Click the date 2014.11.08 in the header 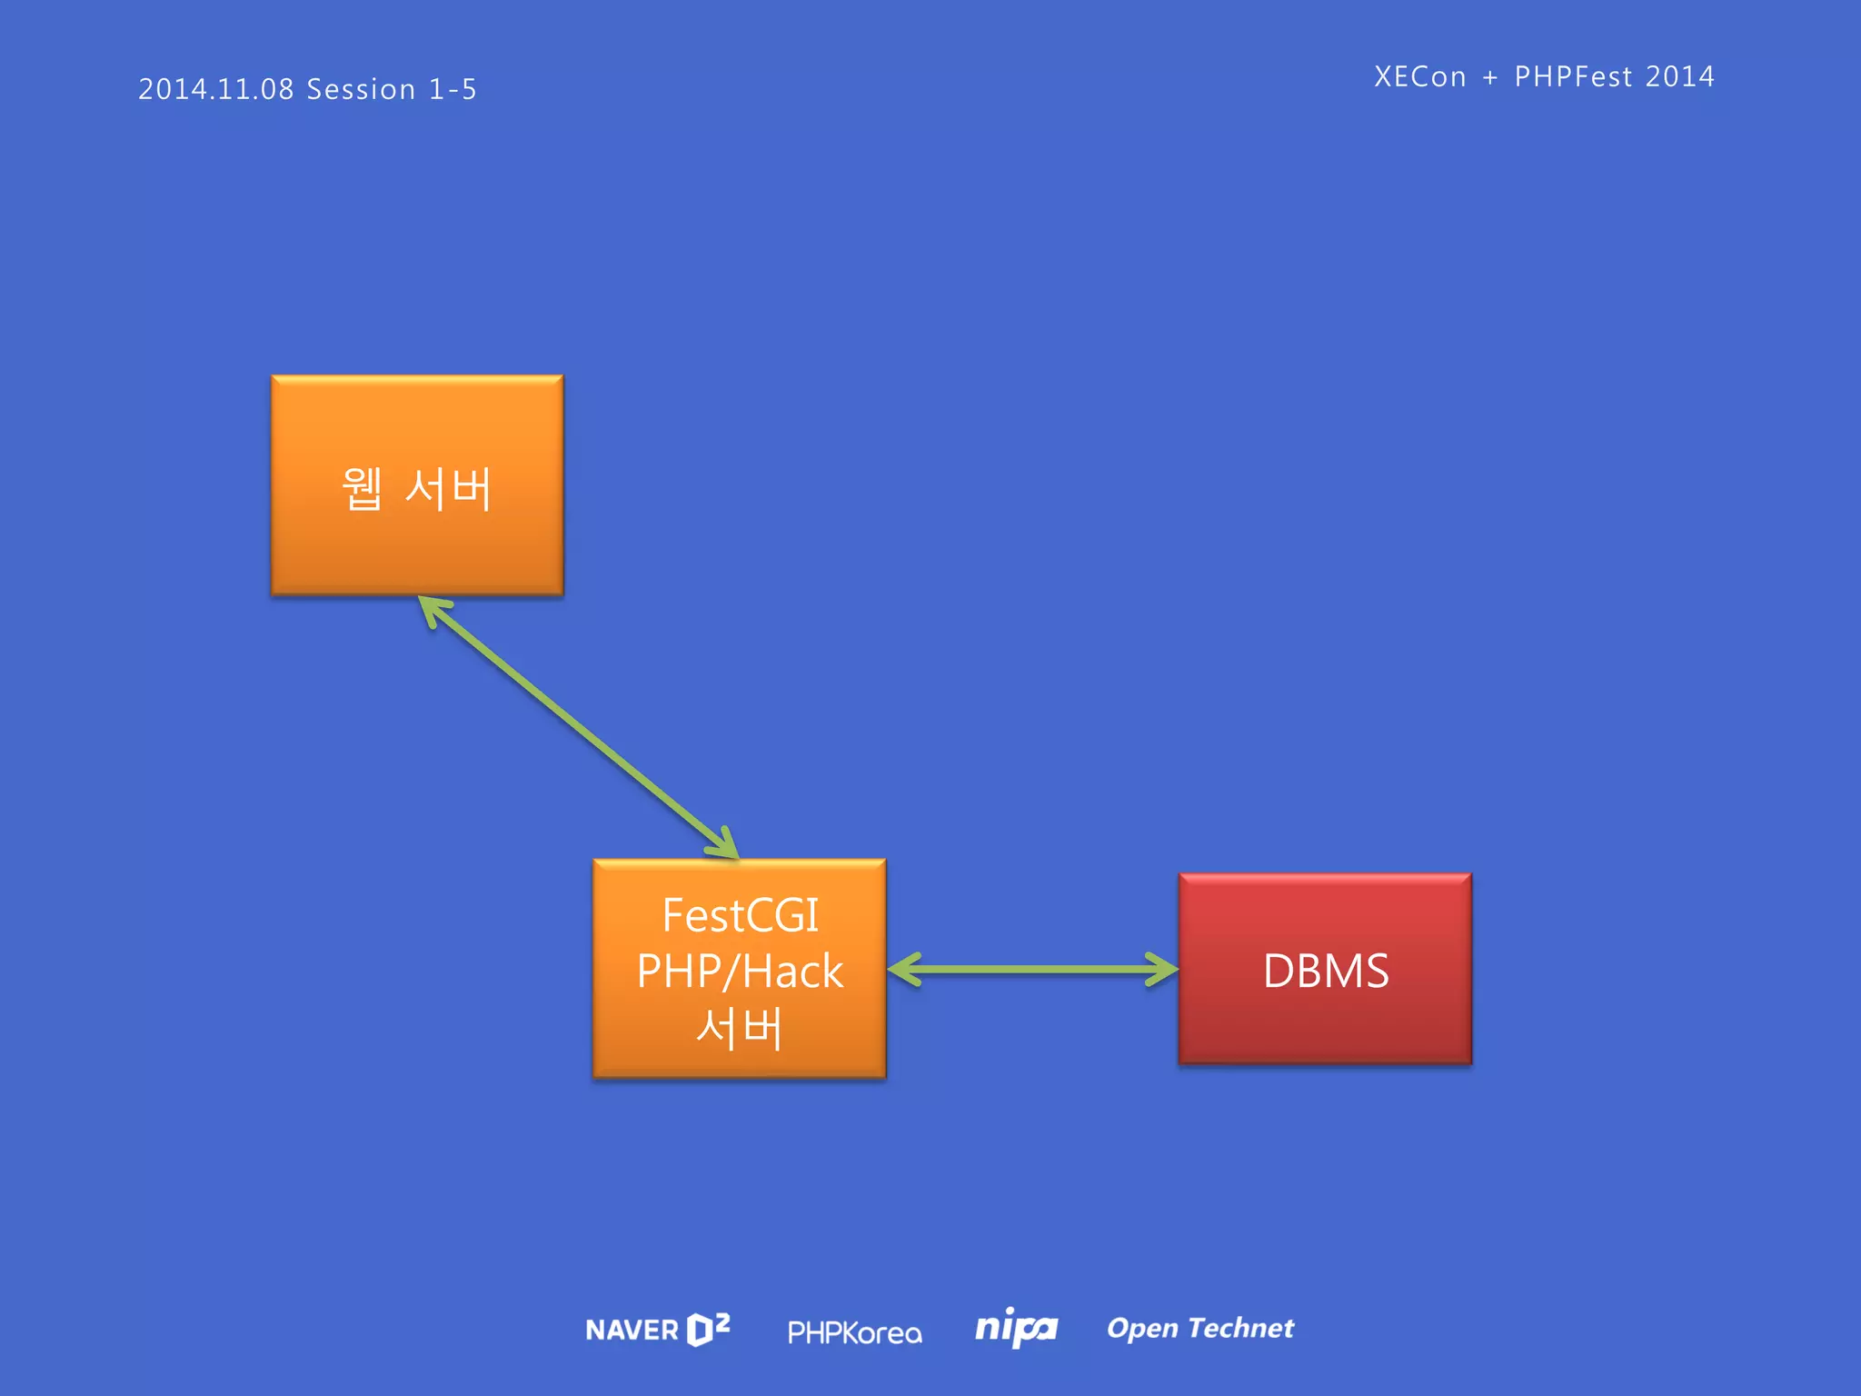216,89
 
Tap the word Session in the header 361,89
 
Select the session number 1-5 453,89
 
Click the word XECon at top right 1419,76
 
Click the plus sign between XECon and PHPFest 1490,77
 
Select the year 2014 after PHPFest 1679,76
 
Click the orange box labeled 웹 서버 417,485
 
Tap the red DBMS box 1325,969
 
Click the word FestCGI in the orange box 740,915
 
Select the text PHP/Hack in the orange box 740,972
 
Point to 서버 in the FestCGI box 740,1028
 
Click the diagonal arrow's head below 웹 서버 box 431,608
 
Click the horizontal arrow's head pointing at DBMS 1165,969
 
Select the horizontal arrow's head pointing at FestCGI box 901,969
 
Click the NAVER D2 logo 658,1330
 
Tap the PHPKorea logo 854,1332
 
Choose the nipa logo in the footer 1016,1328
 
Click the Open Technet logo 1200,1328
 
